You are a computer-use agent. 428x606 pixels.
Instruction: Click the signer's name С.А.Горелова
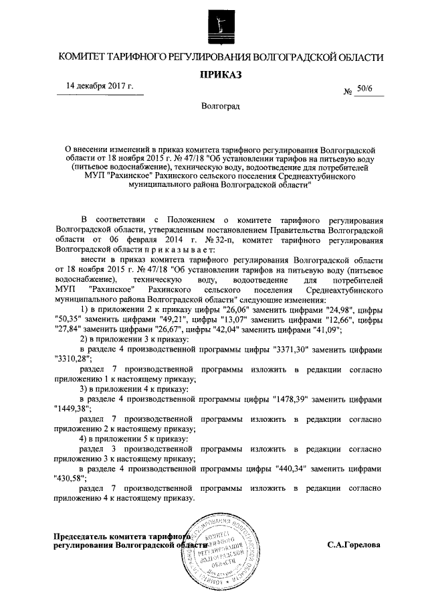point(354,544)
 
